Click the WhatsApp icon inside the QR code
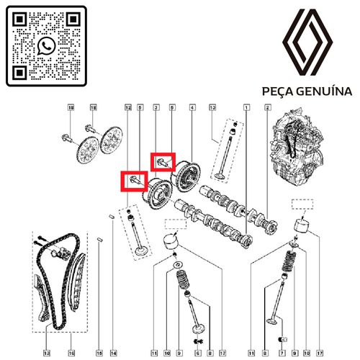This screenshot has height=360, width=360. (46, 46)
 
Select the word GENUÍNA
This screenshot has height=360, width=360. (325, 91)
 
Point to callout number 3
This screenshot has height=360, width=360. (156, 108)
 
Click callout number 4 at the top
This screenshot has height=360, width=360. (192, 108)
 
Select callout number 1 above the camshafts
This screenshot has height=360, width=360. (246, 108)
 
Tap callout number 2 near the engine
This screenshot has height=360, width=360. (268, 108)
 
